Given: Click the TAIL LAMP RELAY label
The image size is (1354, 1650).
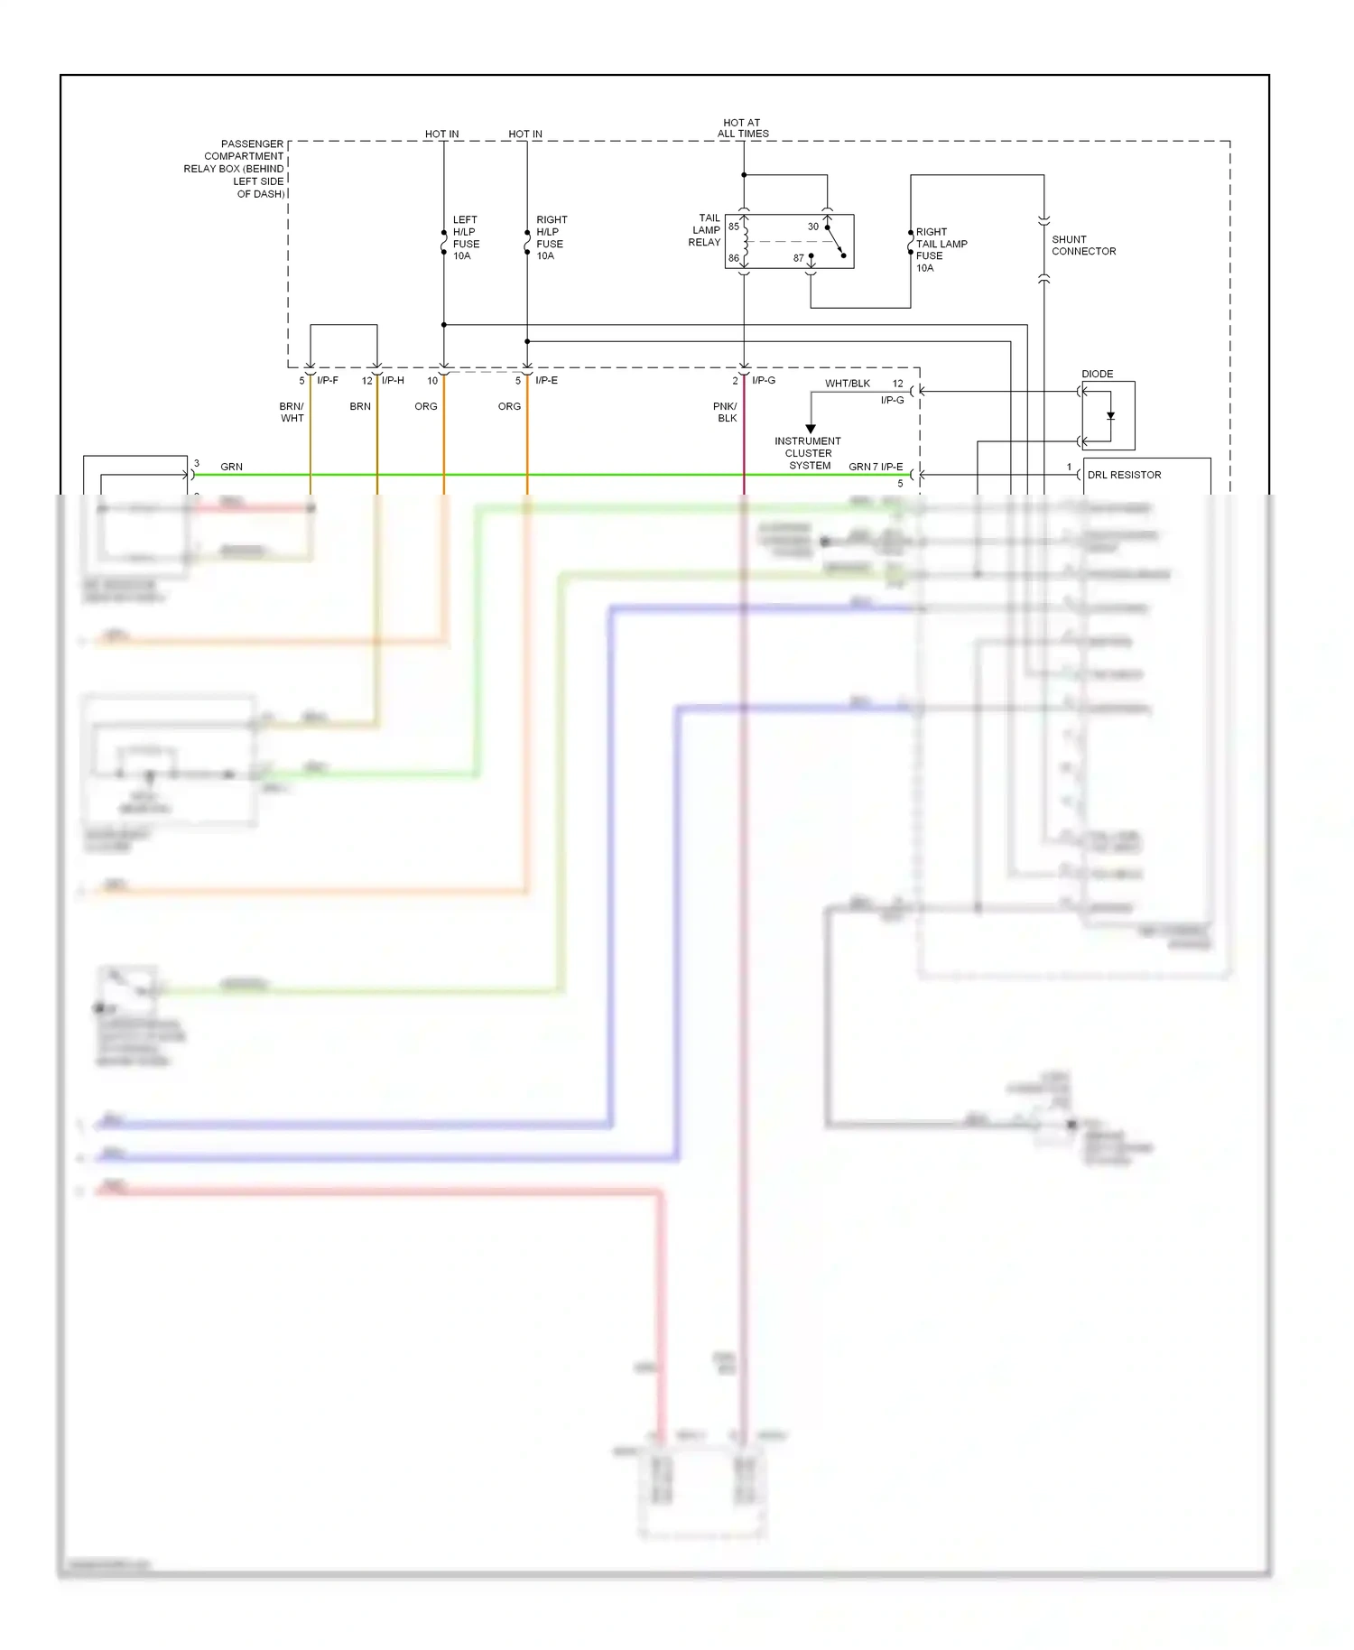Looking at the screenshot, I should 705,230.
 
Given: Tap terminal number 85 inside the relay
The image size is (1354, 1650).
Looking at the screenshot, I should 734,227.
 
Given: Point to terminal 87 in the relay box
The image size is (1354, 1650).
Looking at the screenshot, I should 799,258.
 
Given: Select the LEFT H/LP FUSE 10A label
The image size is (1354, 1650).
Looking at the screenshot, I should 466,237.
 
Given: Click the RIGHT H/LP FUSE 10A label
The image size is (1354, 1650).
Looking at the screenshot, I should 551,237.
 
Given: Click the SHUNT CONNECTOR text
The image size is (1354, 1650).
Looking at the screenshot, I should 1083,246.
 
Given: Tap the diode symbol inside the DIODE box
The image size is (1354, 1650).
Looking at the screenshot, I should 1110,416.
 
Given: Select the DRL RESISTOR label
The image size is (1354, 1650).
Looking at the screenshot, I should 1124,475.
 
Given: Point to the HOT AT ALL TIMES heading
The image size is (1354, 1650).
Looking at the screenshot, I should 743,128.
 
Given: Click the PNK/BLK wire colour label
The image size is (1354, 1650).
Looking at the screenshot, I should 726,412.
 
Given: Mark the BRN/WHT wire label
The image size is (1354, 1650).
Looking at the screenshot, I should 292,412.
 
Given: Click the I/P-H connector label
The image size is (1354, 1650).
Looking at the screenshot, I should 393,381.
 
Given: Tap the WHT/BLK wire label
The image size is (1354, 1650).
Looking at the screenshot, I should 847,384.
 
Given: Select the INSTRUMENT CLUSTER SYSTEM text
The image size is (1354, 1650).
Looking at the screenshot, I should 808,453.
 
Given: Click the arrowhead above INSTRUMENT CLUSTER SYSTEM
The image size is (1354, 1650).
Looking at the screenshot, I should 811,429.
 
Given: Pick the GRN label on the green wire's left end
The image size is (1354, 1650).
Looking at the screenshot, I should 231,467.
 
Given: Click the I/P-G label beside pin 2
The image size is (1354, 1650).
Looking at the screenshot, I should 764,381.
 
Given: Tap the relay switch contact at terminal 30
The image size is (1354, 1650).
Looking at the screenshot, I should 828,227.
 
